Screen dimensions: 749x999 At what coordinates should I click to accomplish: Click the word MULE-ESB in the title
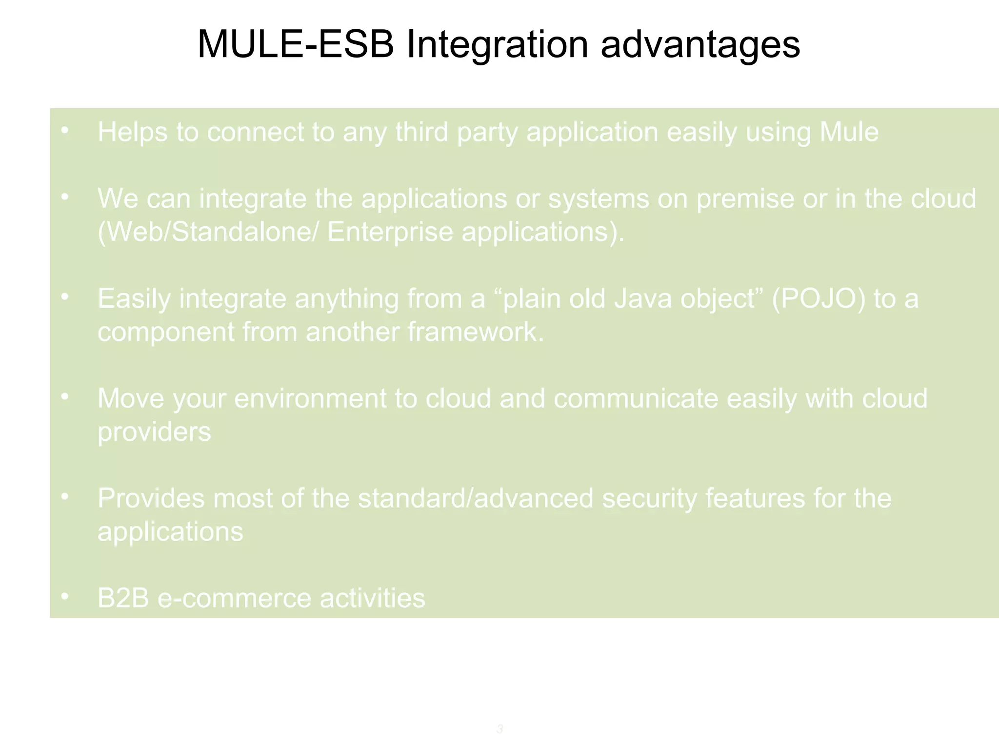point(296,45)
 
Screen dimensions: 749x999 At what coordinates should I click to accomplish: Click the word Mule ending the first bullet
point(849,132)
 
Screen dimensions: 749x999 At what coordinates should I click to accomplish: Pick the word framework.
point(476,332)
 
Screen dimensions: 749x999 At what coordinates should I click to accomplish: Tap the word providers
point(154,432)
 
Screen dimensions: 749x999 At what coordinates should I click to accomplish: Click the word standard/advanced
point(476,498)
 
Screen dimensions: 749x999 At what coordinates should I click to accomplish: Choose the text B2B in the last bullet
point(123,598)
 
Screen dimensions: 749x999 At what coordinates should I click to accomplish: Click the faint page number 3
point(499,729)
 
